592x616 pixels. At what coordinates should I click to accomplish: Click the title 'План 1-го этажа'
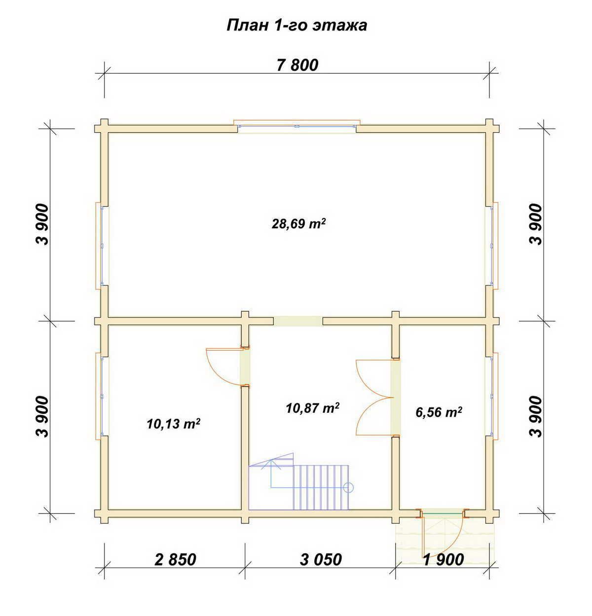click(296, 25)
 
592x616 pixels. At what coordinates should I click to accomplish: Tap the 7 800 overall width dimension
click(297, 65)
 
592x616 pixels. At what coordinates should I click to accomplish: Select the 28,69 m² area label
click(299, 223)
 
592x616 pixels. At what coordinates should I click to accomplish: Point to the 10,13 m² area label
click(174, 424)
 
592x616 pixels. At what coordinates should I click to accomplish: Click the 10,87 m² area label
click(313, 408)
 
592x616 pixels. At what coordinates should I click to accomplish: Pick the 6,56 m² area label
click(439, 412)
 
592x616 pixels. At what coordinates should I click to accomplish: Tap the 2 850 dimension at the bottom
click(176, 559)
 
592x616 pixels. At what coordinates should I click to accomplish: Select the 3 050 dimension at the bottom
click(321, 559)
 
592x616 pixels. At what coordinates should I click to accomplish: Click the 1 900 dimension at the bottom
click(444, 559)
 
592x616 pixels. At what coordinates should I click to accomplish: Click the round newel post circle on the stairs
click(349, 487)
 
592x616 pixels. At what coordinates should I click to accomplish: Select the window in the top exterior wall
click(297, 126)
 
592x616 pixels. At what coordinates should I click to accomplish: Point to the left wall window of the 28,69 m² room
click(102, 246)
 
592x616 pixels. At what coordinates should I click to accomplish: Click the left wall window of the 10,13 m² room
click(102, 396)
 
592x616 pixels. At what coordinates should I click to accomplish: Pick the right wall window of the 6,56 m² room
click(492, 396)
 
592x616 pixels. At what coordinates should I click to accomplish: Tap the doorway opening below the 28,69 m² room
click(298, 321)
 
